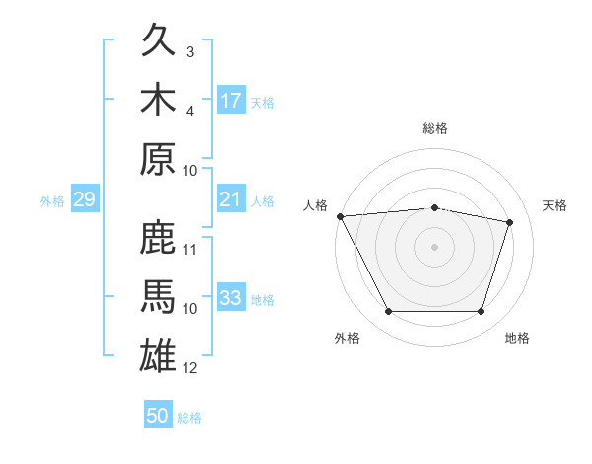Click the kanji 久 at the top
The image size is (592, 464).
(158, 39)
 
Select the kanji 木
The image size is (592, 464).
(158, 99)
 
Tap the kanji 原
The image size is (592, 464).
(158, 158)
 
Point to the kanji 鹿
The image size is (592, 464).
(158, 237)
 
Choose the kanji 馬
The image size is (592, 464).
(158, 296)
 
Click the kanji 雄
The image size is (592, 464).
(158, 355)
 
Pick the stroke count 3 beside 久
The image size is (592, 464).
(190, 51)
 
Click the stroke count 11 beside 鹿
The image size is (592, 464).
(189, 250)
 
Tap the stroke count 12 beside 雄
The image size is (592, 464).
(189, 368)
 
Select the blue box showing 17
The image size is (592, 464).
(231, 100)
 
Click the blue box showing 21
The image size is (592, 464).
(231, 198)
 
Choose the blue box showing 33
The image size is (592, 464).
(231, 296)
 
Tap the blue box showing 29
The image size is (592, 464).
(85, 198)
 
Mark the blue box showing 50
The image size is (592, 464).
(158, 414)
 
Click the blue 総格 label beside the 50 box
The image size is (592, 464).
(189, 418)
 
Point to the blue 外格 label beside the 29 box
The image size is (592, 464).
(52, 201)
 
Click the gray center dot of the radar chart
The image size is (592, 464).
(434, 247)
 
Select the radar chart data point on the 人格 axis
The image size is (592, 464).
(341, 216)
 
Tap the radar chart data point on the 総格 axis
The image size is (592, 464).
(434, 208)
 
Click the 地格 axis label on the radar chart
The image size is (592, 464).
(517, 338)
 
